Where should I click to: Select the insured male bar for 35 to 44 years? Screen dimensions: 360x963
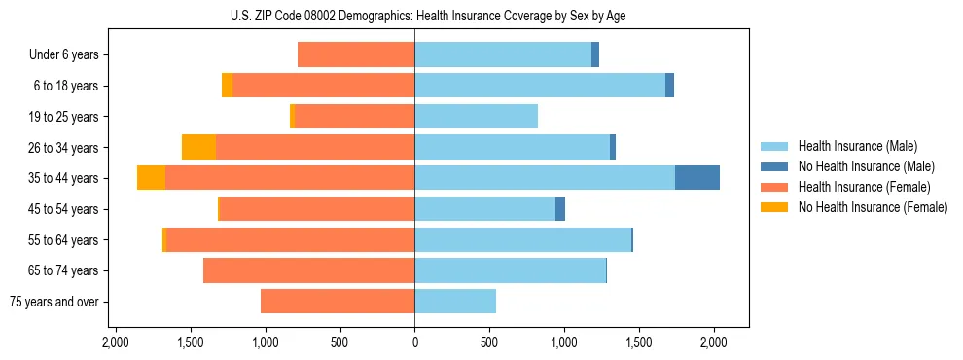click(x=545, y=178)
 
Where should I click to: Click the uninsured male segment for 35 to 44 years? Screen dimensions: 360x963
click(x=697, y=178)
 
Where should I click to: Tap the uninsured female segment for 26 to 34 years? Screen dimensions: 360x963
click(x=198, y=147)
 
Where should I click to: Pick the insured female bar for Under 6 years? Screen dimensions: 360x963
click(x=356, y=54)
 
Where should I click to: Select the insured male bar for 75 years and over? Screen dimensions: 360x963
click(x=455, y=302)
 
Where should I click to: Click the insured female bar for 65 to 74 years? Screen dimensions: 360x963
click(x=309, y=270)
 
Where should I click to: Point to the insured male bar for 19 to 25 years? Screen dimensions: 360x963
click(x=477, y=117)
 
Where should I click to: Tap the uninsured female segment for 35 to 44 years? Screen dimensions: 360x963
click(x=151, y=178)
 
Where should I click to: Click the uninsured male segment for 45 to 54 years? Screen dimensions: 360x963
click(x=560, y=209)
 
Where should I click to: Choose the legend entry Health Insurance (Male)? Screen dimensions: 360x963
click(x=857, y=146)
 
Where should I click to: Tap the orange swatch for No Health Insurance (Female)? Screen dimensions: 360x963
click(x=774, y=207)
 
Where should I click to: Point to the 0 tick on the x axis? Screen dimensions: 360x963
click(x=415, y=342)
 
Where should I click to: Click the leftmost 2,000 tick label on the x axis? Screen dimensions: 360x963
click(x=116, y=342)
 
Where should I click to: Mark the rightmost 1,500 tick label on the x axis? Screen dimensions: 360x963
click(x=639, y=342)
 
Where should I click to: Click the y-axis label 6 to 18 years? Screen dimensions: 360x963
click(x=66, y=86)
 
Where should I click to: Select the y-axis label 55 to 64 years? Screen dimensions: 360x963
click(x=63, y=240)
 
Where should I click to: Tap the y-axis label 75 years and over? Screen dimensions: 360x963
click(x=53, y=302)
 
